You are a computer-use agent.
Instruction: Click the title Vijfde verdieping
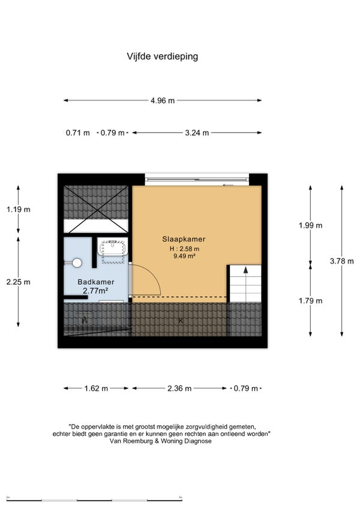(x=162, y=56)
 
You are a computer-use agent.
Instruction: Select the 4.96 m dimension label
(x=163, y=101)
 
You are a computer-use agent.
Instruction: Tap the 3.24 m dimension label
(x=197, y=132)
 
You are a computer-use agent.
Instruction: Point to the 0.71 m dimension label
(x=77, y=132)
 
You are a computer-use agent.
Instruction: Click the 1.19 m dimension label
(x=19, y=209)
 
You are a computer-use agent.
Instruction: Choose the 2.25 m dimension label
(x=19, y=282)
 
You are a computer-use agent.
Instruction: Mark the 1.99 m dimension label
(x=311, y=225)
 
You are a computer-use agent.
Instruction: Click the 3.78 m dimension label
(x=342, y=261)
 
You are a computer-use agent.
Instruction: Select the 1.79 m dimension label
(x=311, y=301)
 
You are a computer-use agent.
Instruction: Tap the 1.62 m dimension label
(x=96, y=388)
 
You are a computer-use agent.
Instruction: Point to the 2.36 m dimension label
(x=179, y=388)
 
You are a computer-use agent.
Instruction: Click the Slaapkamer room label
(x=184, y=239)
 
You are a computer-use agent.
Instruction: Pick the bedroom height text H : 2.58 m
(x=184, y=249)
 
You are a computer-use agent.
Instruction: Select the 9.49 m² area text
(x=184, y=256)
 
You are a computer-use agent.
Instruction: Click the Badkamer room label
(x=96, y=282)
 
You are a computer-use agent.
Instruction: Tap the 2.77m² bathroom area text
(x=95, y=291)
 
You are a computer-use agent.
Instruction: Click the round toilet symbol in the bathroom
(x=77, y=263)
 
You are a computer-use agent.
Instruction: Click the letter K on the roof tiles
(x=181, y=321)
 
